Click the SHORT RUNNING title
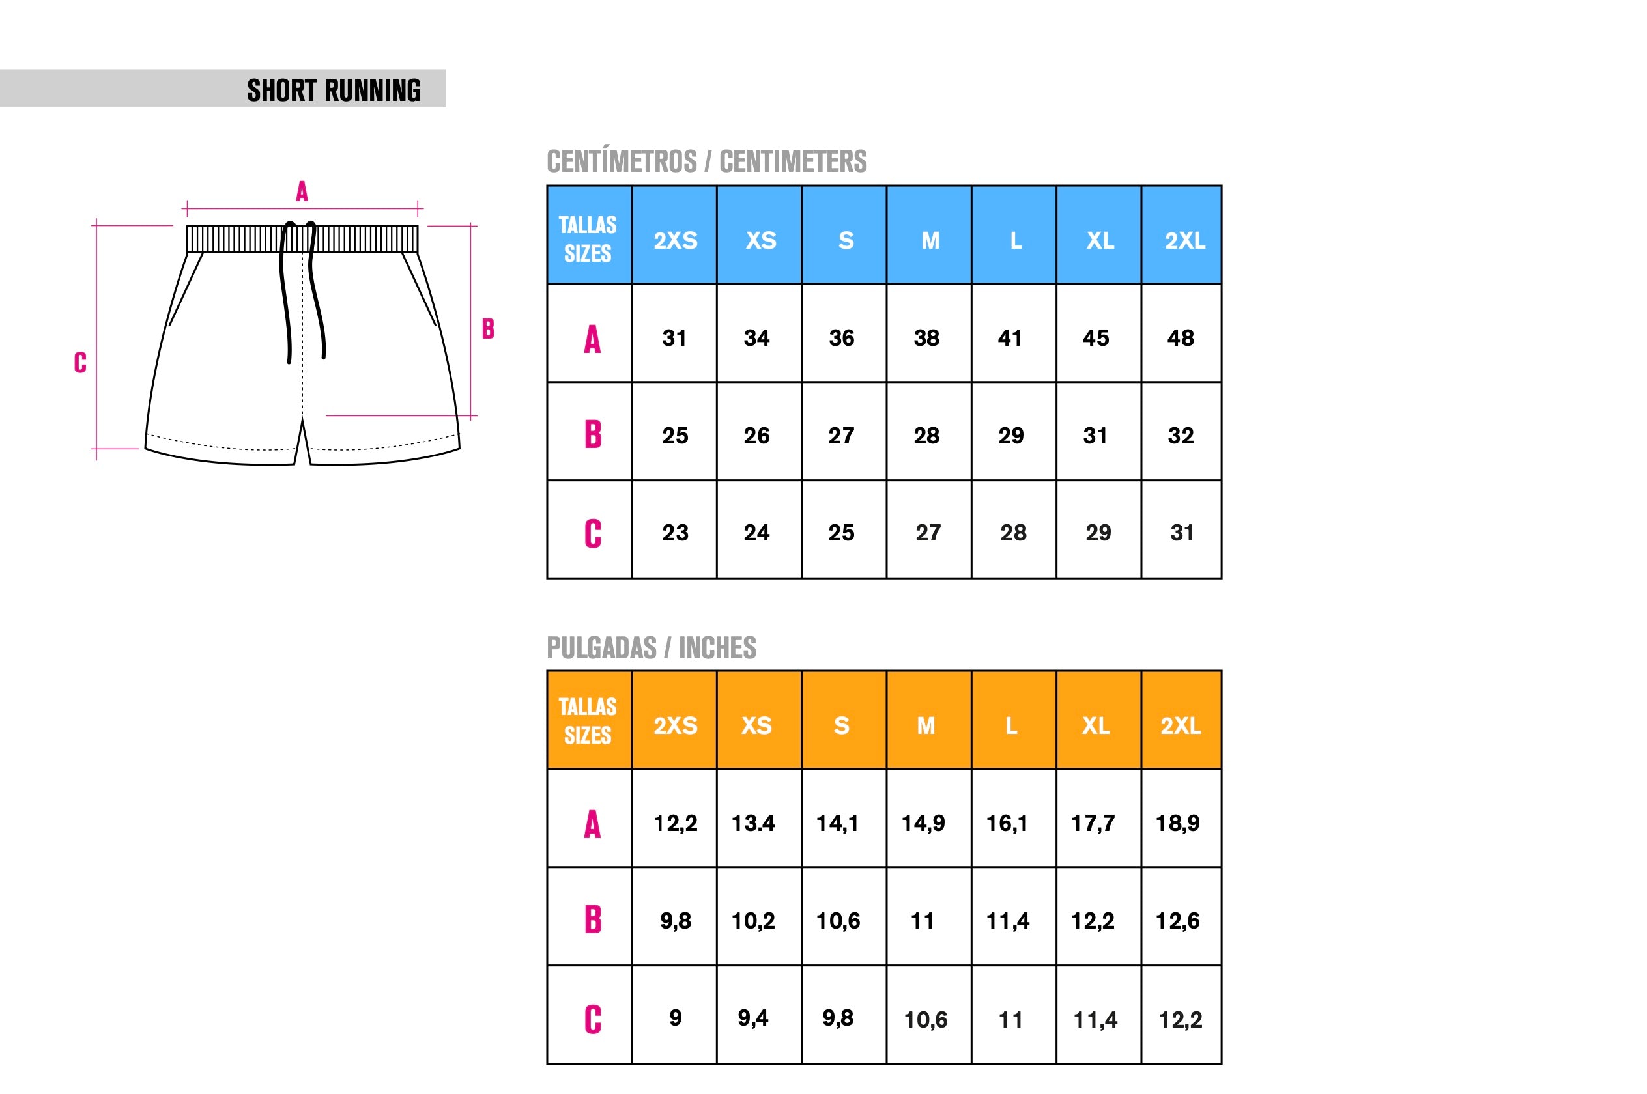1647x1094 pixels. click(x=334, y=90)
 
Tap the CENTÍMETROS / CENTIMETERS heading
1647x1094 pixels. click(x=706, y=161)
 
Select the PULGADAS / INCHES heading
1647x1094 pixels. click(x=651, y=647)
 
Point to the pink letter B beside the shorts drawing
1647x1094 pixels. click(x=488, y=329)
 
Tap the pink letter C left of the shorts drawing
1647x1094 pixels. click(x=80, y=362)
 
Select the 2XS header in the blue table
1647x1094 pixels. click(x=675, y=240)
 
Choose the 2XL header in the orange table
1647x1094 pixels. click(x=1180, y=725)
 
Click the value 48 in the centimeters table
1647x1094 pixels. click(x=1180, y=338)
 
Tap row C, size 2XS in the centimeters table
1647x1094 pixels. click(x=675, y=533)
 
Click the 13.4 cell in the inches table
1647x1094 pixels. click(x=752, y=823)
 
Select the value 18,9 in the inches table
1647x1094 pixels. click(x=1177, y=823)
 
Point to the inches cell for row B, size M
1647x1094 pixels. click(x=922, y=921)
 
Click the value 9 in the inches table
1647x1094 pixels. click(x=675, y=1018)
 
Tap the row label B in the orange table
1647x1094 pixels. click(x=592, y=919)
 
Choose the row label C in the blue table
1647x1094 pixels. click(x=592, y=534)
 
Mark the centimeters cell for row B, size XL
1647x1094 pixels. click(x=1095, y=436)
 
